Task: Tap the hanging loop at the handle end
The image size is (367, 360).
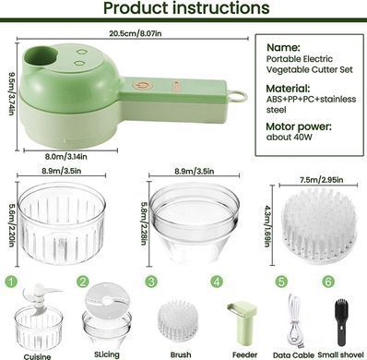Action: tap(237, 96)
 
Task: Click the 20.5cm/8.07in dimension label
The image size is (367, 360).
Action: tap(136, 33)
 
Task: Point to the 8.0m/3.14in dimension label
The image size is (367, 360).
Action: tap(66, 157)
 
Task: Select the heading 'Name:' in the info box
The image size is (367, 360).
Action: tap(283, 47)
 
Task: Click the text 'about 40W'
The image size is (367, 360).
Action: tap(289, 138)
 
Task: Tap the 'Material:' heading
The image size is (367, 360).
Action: tap(288, 89)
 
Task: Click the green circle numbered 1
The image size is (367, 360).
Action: tap(11, 282)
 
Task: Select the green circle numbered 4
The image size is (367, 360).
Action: tap(217, 282)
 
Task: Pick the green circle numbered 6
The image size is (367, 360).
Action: tap(328, 282)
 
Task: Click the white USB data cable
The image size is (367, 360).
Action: tap(294, 320)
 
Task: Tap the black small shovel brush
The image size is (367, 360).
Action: tap(341, 322)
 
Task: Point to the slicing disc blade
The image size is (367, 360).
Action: tap(106, 297)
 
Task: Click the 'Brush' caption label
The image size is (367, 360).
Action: tap(181, 355)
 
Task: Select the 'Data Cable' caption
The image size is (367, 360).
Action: tap(293, 355)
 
